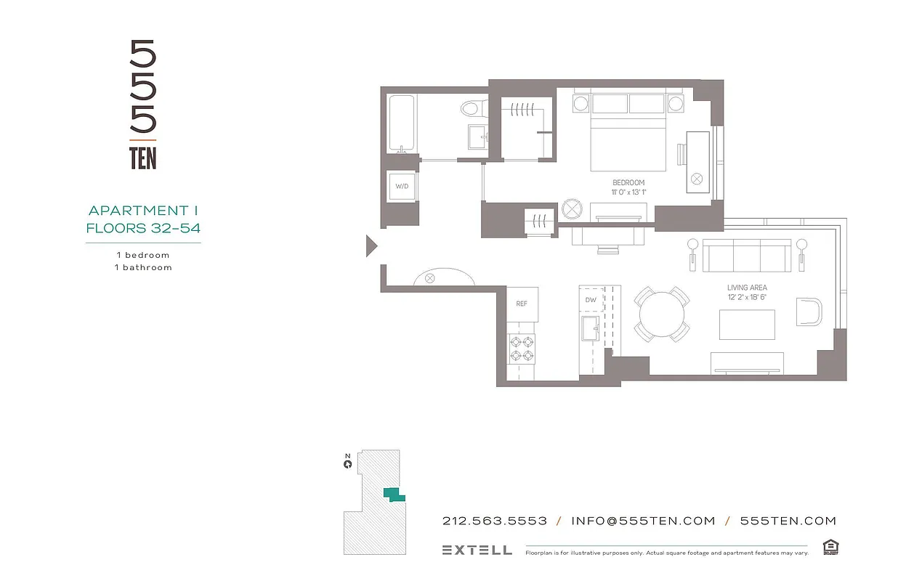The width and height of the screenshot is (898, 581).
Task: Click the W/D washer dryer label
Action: pyautogui.click(x=402, y=187)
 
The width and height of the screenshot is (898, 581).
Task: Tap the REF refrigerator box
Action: pyautogui.click(x=522, y=304)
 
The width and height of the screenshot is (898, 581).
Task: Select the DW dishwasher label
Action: pyautogui.click(x=591, y=299)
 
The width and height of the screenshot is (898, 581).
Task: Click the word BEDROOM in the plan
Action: pyautogui.click(x=628, y=183)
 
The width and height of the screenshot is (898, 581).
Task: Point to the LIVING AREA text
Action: pyautogui.click(x=747, y=288)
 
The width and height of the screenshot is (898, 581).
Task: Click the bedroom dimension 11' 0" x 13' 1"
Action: pyautogui.click(x=628, y=192)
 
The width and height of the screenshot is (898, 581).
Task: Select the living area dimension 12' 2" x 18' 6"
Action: pyautogui.click(x=747, y=298)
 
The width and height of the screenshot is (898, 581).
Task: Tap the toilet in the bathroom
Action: pyautogui.click(x=471, y=109)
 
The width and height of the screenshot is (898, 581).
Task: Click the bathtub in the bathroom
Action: pyautogui.click(x=401, y=123)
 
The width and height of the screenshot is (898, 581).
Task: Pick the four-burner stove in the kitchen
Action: pyautogui.click(x=521, y=349)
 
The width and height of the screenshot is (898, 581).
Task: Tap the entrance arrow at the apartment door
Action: pyautogui.click(x=371, y=246)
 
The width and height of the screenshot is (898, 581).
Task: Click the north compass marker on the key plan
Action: pyautogui.click(x=348, y=462)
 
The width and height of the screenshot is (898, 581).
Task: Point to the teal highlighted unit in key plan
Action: pyautogui.click(x=393, y=495)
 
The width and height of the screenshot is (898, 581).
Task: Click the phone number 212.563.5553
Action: pyautogui.click(x=495, y=521)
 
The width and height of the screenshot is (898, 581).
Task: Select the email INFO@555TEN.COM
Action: pyautogui.click(x=643, y=521)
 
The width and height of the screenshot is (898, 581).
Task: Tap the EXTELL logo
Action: pyautogui.click(x=477, y=550)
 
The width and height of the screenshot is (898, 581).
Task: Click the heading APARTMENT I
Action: pyautogui.click(x=143, y=211)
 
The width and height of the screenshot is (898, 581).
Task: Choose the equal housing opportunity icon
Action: pyautogui.click(x=829, y=547)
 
